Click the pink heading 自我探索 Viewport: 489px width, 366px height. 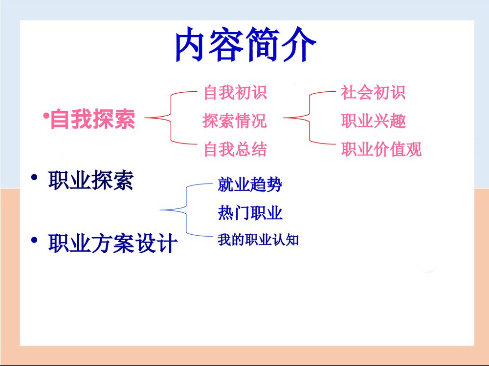point(93,119)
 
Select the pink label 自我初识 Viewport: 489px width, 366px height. point(235,92)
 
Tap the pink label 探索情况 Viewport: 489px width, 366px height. point(235,120)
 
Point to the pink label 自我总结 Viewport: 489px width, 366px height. point(235,149)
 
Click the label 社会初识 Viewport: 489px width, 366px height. point(373,92)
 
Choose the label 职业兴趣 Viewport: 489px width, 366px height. point(373,121)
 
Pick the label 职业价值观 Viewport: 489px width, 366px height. point(381,149)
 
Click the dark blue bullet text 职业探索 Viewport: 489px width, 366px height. point(91,182)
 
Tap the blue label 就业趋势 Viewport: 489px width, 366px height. point(250,185)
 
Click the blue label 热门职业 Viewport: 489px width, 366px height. point(250,213)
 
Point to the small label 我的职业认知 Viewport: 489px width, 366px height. point(258,240)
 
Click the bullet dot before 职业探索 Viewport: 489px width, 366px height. point(34,179)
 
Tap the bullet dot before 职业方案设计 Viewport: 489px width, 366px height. point(34,240)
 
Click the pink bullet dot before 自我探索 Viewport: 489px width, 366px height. point(44,116)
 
